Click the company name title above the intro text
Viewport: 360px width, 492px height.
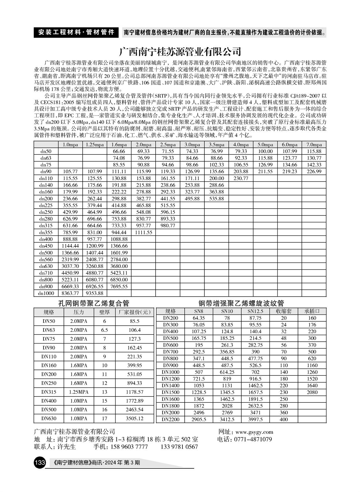pos(180,51)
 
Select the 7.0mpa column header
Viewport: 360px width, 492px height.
pos(314,145)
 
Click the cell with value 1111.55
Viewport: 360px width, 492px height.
pos(144,232)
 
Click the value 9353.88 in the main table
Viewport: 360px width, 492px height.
pos(95,293)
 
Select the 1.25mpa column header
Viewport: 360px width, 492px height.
pos(95,145)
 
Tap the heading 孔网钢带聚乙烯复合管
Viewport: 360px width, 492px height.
pos(94,303)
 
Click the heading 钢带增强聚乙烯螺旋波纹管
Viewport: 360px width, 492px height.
pos(241,303)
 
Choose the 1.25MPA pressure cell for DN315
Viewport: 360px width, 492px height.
pos(79,392)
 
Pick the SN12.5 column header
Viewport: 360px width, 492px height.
pos(255,311)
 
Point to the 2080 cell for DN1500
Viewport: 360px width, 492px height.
pos(312,392)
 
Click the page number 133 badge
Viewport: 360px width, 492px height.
pos(40,462)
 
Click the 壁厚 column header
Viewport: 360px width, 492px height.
pos(104,312)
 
